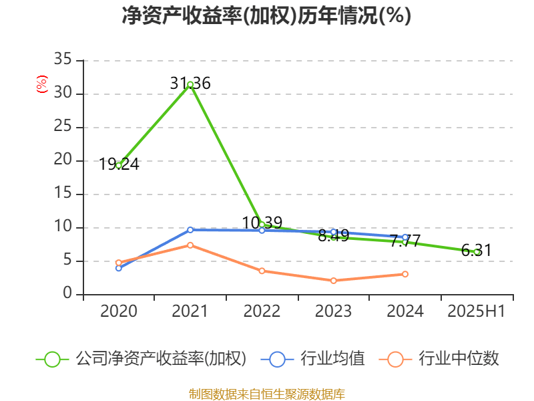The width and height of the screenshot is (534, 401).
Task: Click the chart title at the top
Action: tap(266, 16)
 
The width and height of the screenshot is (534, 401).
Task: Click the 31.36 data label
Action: tap(190, 84)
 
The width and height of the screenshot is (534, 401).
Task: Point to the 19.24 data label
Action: tap(119, 164)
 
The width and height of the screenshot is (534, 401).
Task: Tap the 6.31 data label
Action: tap(476, 251)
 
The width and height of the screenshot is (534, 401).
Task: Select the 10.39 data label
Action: tap(262, 223)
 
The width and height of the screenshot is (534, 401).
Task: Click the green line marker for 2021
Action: tap(190, 85)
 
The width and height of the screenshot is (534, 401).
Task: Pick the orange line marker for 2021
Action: tap(190, 245)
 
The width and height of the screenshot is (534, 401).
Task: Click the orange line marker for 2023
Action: tap(334, 281)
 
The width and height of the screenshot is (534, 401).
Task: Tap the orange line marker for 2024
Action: tap(405, 274)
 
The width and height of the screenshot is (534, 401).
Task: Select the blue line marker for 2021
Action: tap(190, 230)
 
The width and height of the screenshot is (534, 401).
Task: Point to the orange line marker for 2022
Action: tap(262, 271)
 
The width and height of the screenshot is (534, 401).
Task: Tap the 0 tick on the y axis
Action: tap(67, 294)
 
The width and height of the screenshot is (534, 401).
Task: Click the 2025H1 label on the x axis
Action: tap(476, 311)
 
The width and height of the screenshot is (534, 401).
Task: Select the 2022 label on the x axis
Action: tap(262, 311)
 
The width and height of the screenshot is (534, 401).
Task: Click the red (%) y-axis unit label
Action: tap(42, 84)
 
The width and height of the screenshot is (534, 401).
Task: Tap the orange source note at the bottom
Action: tap(266, 394)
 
